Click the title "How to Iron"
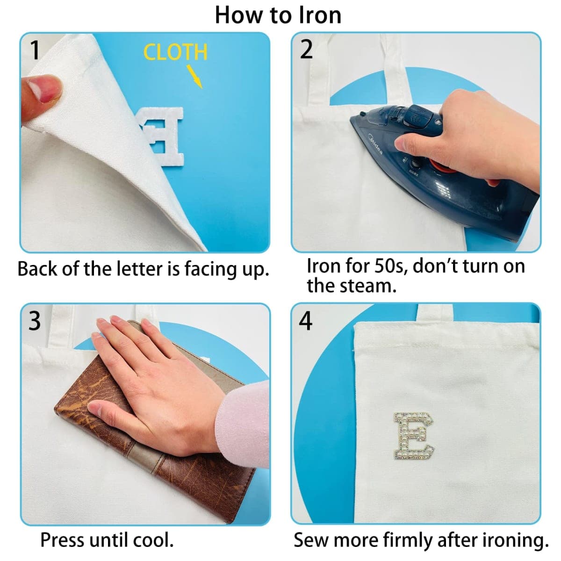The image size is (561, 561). coord(278,15)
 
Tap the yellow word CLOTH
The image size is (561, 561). coord(176,52)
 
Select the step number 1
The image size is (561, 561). coord(35,50)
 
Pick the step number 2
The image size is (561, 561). coord(306,49)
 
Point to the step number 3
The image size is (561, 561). coord(34,321)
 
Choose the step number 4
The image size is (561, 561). coord(306,321)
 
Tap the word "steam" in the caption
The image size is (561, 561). coord(365,286)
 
